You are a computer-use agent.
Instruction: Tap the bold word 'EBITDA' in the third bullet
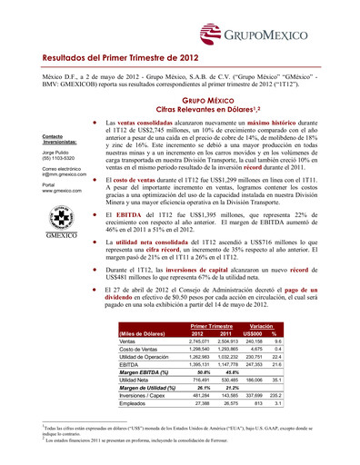click(x=135, y=212)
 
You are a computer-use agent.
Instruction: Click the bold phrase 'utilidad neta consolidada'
click(x=167, y=243)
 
